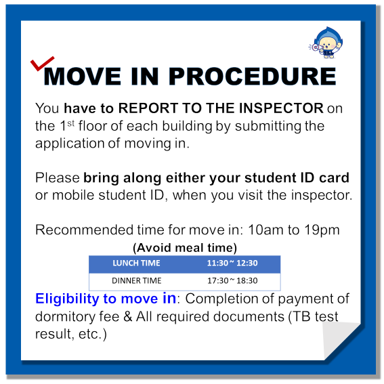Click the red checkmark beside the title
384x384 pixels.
(41, 64)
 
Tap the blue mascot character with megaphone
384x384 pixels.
(326, 43)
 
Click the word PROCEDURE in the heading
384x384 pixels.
(252, 77)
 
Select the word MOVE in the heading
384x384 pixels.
(83, 77)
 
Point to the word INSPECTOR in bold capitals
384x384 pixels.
(281, 108)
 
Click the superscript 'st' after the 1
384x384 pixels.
(71, 123)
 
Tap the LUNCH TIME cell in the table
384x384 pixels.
(136, 263)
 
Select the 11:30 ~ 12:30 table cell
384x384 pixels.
(232, 263)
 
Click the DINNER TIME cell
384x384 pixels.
(136, 280)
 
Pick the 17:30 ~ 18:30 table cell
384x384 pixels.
(232, 280)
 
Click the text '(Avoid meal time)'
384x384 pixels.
(185, 248)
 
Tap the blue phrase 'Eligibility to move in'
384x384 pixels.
(106, 299)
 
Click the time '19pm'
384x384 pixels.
(322, 230)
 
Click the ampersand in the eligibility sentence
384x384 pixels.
(127, 316)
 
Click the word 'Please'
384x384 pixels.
(58, 177)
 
